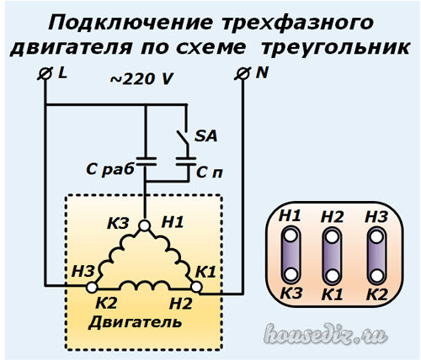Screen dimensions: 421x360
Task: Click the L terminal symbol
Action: [45, 74]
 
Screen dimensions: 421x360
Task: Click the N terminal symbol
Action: [242, 74]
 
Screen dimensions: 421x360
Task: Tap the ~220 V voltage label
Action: [141, 79]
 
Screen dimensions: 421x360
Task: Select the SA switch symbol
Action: [182, 138]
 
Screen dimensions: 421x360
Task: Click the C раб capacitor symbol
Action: [146, 161]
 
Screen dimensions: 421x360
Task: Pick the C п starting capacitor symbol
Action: [185, 161]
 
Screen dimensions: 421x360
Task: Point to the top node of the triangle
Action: [145, 225]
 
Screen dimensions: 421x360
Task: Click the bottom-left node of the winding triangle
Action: [92, 288]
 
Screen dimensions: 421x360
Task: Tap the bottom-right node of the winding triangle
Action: [196, 288]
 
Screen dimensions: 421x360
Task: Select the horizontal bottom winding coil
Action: [145, 285]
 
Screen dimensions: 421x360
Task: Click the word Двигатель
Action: [136, 322]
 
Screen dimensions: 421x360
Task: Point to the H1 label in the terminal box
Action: [290, 215]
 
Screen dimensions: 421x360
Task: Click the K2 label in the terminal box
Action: [377, 294]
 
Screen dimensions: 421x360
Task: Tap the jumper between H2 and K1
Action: [332, 256]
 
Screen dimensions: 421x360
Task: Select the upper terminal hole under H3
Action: [376, 236]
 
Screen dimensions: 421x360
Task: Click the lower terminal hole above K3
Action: [290, 273]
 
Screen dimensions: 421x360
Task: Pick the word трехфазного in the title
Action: [297, 23]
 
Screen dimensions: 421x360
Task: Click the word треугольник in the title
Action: [336, 48]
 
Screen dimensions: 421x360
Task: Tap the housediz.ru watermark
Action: [326, 334]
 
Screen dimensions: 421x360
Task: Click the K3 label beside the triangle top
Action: [118, 224]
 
